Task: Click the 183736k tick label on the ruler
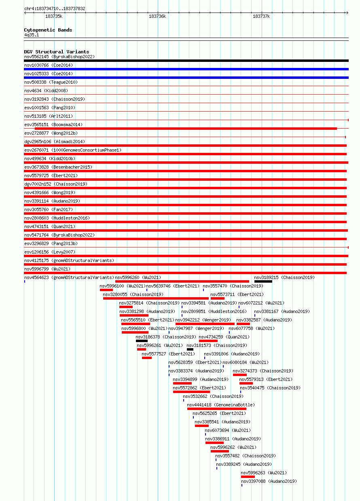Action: point(157,16)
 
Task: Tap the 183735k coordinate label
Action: point(54,16)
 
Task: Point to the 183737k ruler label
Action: point(261,16)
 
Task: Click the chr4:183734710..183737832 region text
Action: point(55,9)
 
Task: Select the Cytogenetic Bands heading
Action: point(48,30)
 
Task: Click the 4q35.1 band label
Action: point(32,35)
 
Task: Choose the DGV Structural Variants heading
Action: point(56,52)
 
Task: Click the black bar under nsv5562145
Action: point(186,61)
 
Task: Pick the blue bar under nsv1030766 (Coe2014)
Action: point(186,69)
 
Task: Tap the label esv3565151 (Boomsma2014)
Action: point(53,125)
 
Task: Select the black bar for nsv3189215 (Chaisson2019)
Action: point(263,281)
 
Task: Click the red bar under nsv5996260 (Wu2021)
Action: point(182,281)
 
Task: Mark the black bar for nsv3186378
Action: point(142,341)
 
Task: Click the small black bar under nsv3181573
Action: point(190,349)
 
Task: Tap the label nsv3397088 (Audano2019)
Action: point(269,481)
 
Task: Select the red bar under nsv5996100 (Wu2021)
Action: point(106,290)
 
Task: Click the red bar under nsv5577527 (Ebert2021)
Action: point(147,358)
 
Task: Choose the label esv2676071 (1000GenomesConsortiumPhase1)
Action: point(73,150)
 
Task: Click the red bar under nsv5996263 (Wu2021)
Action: point(248,477)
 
